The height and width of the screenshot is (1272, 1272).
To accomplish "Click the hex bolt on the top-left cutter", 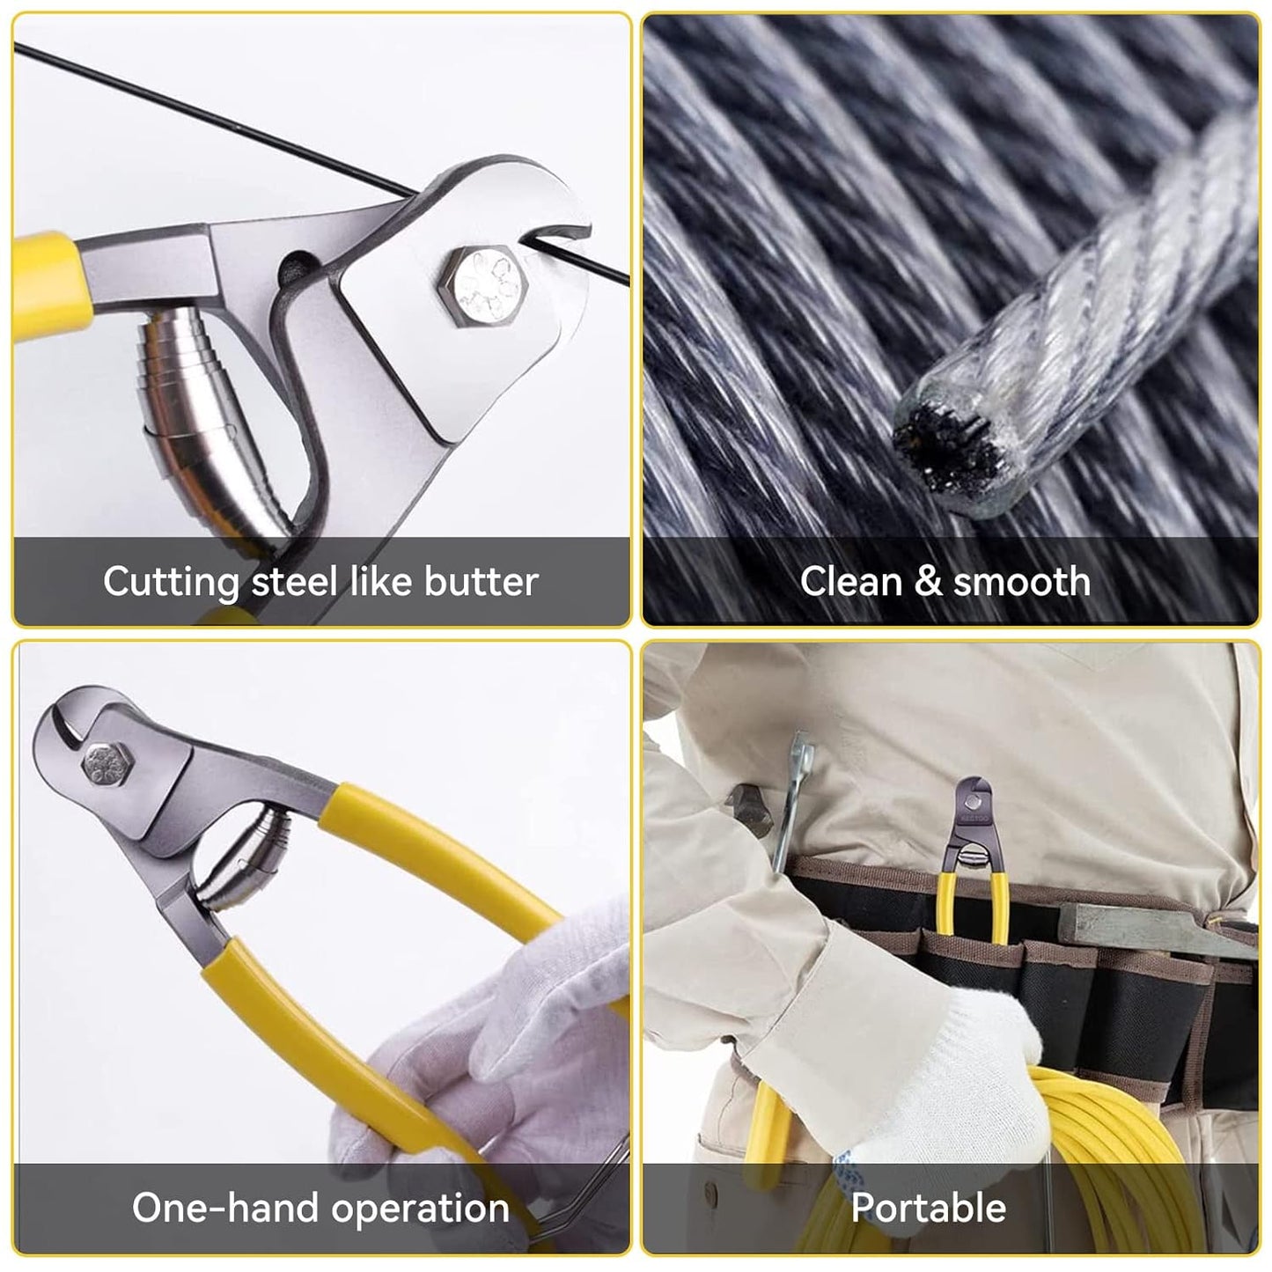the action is tap(485, 286).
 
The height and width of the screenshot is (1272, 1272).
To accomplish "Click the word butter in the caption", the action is tap(482, 582).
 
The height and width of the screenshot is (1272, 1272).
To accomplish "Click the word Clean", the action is tap(851, 582).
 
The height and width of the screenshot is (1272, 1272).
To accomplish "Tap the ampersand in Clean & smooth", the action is tap(928, 582).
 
